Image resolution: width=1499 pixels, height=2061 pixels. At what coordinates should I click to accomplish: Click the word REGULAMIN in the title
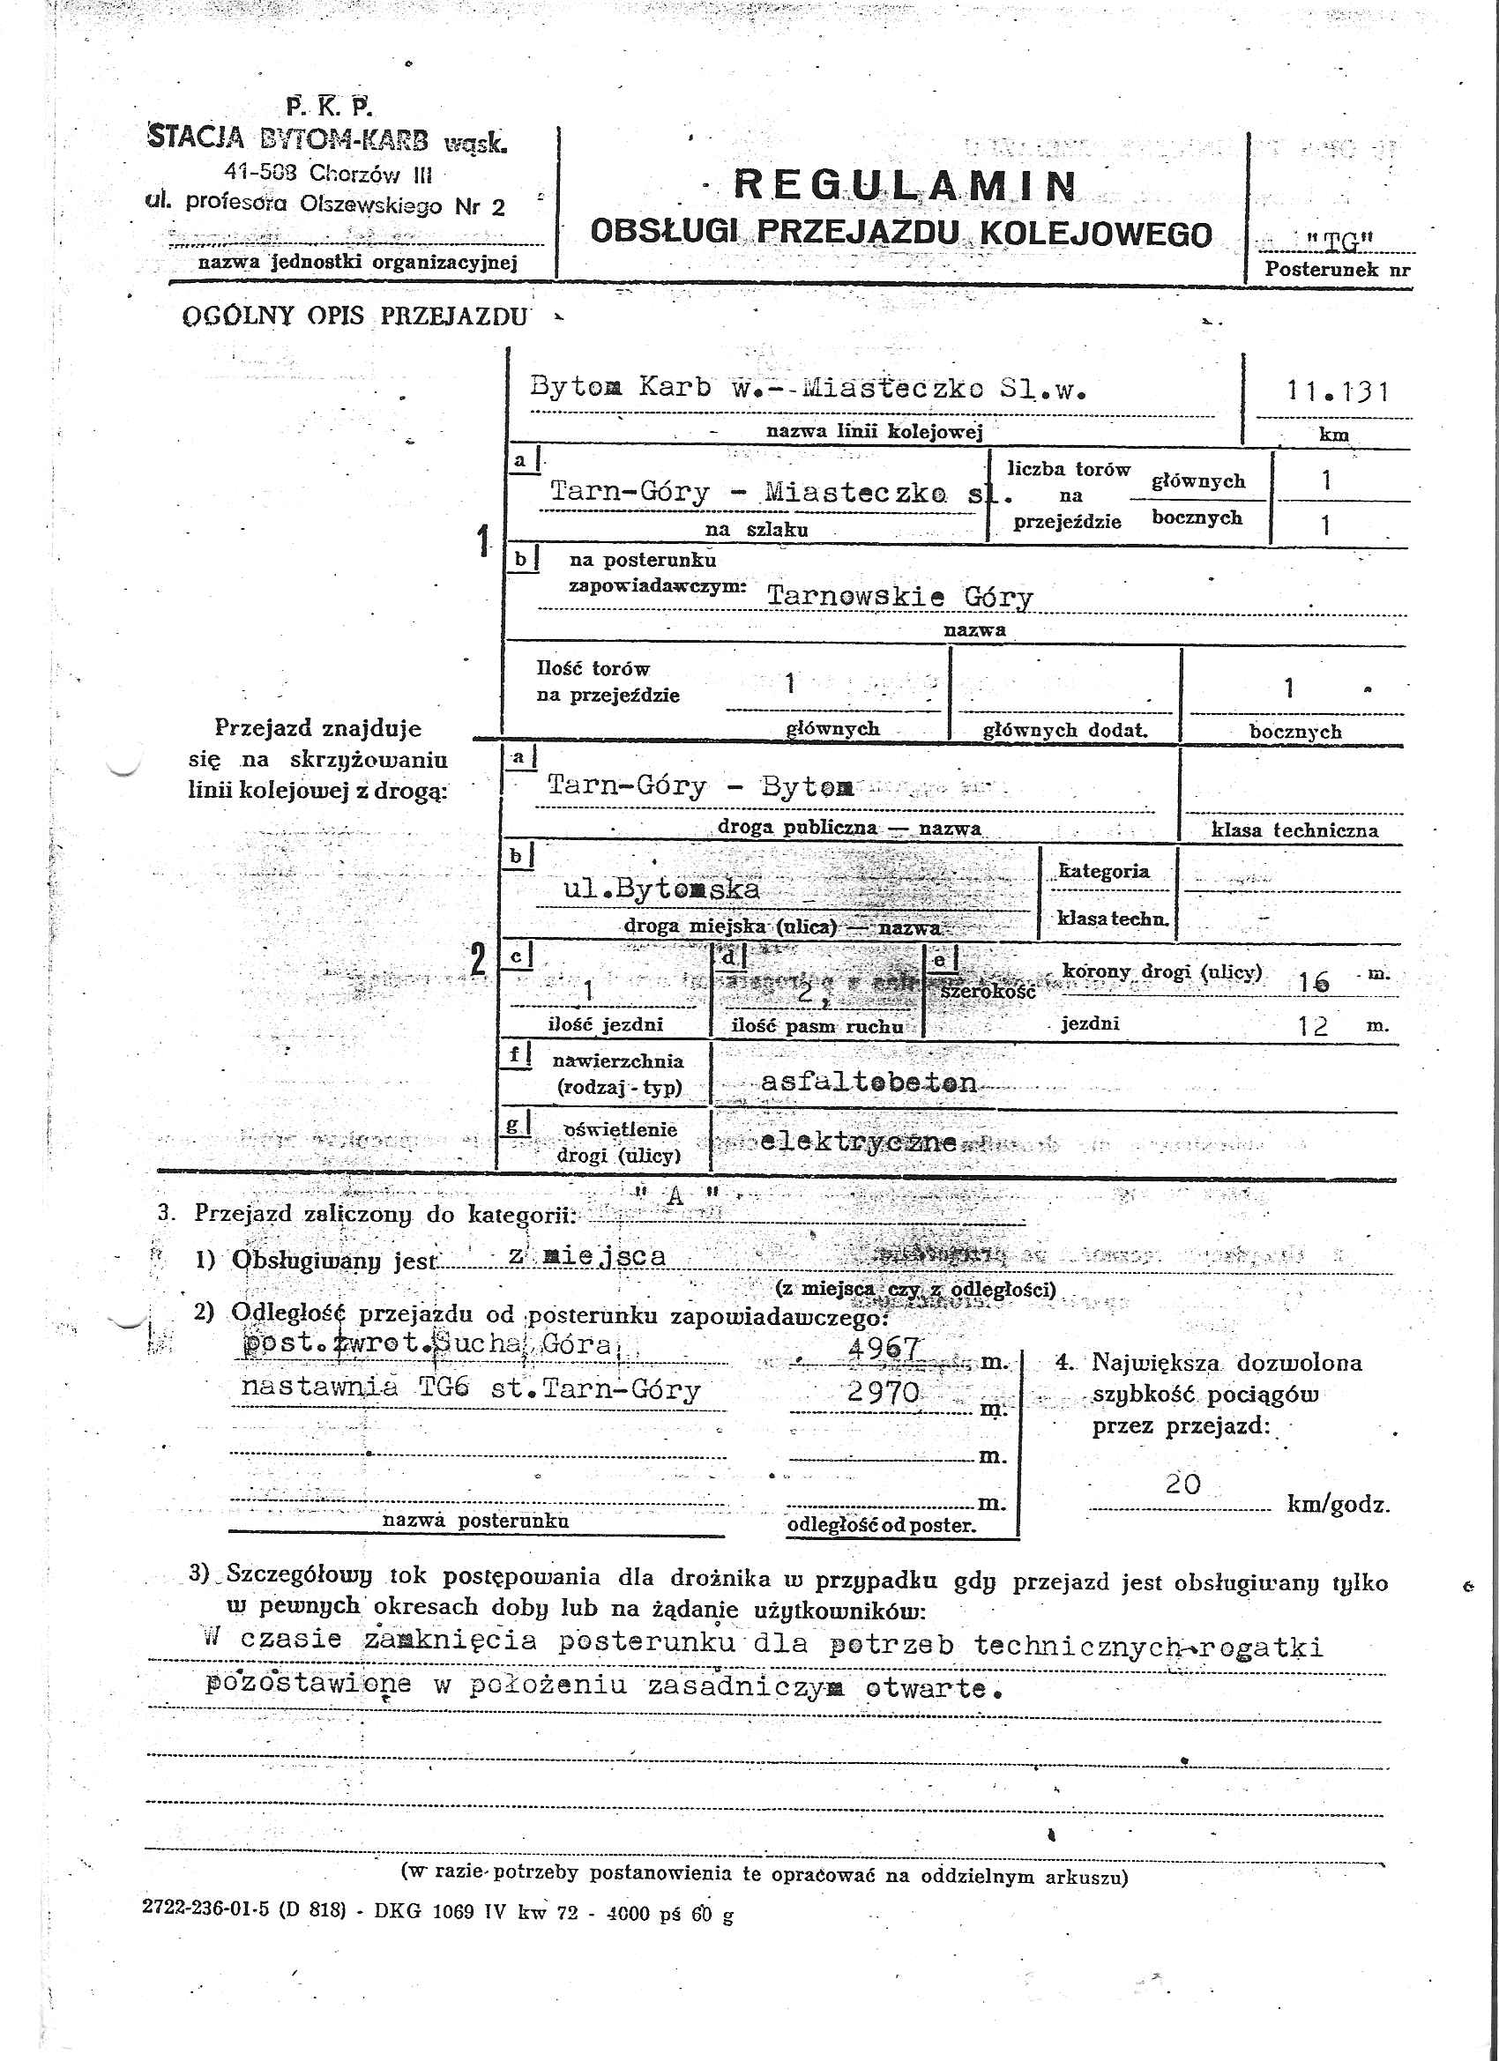click(x=905, y=185)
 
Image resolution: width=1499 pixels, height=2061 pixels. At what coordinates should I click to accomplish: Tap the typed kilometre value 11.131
click(x=1337, y=391)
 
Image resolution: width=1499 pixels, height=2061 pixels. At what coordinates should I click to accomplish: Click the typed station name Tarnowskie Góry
click(x=900, y=596)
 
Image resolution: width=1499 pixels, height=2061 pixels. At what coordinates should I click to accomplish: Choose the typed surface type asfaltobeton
click(x=869, y=1083)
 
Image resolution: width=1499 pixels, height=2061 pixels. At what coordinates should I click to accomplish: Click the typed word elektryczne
click(x=858, y=1142)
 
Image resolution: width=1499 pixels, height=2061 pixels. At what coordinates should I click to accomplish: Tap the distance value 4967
click(x=884, y=1348)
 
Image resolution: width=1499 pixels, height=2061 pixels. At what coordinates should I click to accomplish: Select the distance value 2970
click(x=883, y=1391)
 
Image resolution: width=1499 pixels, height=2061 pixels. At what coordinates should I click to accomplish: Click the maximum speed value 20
click(x=1182, y=1484)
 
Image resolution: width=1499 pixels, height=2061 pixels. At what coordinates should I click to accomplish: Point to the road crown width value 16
click(x=1315, y=981)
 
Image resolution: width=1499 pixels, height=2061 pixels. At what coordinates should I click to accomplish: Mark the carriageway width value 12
click(x=1313, y=1027)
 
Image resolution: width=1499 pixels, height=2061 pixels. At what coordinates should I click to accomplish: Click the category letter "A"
click(x=675, y=1197)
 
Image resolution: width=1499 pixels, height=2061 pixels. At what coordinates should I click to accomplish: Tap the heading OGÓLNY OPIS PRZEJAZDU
click(x=354, y=316)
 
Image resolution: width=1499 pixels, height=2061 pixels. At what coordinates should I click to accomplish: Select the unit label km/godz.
click(x=1337, y=1504)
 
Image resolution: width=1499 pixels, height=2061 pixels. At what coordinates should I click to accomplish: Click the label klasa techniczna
click(x=1294, y=830)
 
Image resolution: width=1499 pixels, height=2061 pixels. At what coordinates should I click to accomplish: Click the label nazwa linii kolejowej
click(x=875, y=432)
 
